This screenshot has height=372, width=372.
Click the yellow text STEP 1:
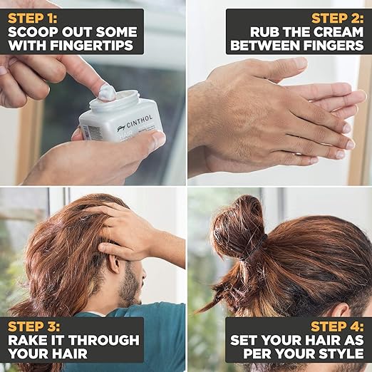(33, 19)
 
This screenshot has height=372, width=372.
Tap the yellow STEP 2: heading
(337, 19)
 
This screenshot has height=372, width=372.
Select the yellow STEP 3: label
(34, 326)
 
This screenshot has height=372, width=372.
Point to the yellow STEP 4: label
(337, 326)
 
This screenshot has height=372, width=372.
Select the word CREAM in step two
(339, 32)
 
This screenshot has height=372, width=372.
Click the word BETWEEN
(265, 45)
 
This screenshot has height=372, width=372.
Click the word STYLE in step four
(341, 353)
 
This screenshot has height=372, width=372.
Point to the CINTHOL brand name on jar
(139, 122)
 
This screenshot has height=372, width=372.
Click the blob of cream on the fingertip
(107, 92)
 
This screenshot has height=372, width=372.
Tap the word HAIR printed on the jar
(125, 137)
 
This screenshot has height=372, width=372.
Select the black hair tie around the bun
(258, 247)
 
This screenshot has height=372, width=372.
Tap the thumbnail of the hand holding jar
(158, 139)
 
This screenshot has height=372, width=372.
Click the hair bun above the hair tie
(237, 226)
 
